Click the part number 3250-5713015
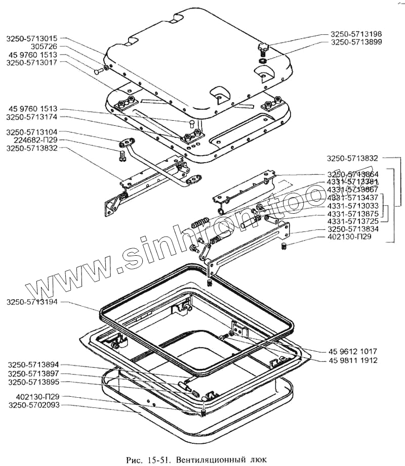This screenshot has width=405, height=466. coord(32,38)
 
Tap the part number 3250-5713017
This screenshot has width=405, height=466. coord(32,62)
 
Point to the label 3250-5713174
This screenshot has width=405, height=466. coord(32,117)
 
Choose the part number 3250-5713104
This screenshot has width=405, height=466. coord(32,132)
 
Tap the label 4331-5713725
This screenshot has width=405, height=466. coord(353,221)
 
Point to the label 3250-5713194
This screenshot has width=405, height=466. coord(32,302)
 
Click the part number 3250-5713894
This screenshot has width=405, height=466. coord(32,365)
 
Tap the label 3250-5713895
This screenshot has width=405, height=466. coord(32,382)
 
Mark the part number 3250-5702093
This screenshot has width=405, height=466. coord(32,405)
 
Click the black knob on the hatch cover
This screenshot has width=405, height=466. coord(263,49)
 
